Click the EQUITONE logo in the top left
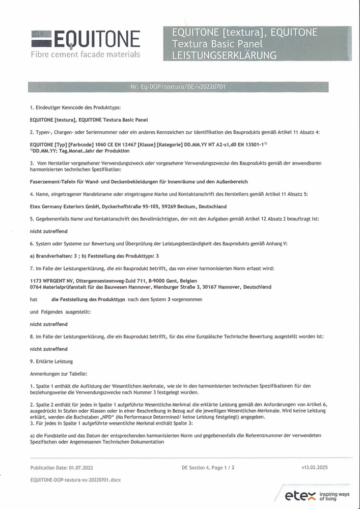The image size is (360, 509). pos(85,40)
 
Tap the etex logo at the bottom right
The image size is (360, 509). pos(300,495)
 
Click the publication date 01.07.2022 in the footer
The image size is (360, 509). pos(81,467)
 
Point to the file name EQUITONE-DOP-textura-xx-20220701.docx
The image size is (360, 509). pos(76,479)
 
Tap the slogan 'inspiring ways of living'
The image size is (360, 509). pos(335,495)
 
